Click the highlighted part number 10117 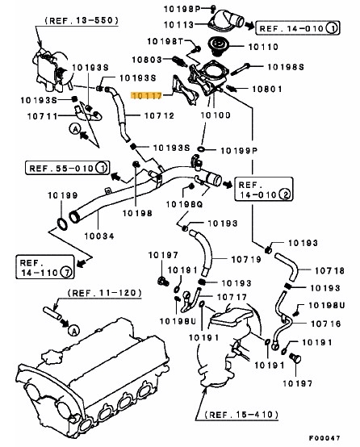[146, 96]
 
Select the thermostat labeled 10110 [218, 46]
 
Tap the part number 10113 [179, 25]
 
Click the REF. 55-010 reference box [67, 168]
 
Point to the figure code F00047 [324, 437]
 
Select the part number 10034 [99, 236]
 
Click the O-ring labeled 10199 [62, 223]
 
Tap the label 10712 [159, 115]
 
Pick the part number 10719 [246, 259]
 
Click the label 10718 [330, 270]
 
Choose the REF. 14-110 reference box [45, 267]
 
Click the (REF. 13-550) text [82, 20]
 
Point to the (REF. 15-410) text [241, 414]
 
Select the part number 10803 [147, 60]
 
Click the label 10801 [267, 89]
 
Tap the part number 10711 [43, 116]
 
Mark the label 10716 [326, 324]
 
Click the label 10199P [239, 150]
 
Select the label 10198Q [184, 204]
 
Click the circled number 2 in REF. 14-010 [285, 194]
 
